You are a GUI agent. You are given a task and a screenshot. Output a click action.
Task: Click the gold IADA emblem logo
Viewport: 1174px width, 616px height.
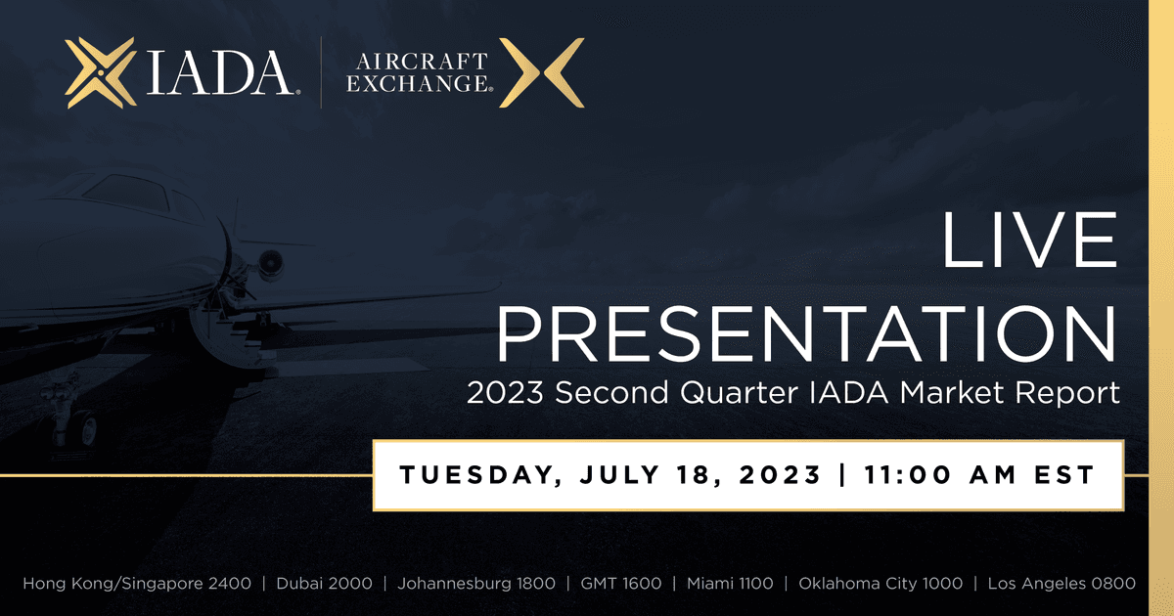pyautogui.click(x=101, y=72)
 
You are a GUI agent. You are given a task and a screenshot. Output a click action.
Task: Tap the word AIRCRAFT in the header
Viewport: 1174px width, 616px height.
pyautogui.click(x=422, y=62)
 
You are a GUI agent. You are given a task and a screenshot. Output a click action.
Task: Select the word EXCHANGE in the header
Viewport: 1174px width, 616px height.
pyautogui.click(x=419, y=83)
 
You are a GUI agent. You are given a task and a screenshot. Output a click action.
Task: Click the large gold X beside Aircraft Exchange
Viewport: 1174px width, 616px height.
pyautogui.click(x=541, y=72)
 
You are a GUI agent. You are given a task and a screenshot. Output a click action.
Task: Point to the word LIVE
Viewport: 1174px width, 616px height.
pyautogui.click(x=1030, y=240)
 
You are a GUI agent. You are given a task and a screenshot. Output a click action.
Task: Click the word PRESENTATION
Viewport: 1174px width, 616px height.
pyautogui.click(x=806, y=334)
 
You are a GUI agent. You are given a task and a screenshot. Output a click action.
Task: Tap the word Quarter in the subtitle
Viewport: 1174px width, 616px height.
pyautogui.click(x=739, y=393)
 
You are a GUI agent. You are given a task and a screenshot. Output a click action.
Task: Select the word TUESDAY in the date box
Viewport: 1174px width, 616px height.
pyautogui.click(x=478, y=475)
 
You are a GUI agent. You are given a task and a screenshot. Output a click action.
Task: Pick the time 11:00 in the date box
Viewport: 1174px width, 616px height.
pyautogui.click(x=907, y=474)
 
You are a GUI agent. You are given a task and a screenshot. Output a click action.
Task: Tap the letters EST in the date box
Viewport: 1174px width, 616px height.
pyautogui.click(x=1064, y=474)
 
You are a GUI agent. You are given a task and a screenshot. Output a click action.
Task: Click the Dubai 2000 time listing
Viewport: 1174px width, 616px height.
pyautogui.click(x=325, y=583)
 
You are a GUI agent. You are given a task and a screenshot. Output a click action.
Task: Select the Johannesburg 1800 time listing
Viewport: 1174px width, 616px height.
pyautogui.click(x=476, y=584)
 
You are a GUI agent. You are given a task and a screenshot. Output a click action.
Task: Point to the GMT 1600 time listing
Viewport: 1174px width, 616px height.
pyautogui.click(x=621, y=583)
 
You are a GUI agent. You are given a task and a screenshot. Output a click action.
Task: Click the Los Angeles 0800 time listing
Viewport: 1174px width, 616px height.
pyautogui.click(x=1061, y=584)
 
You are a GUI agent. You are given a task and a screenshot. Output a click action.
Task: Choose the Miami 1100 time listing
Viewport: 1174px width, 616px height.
pyautogui.click(x=730, y=583)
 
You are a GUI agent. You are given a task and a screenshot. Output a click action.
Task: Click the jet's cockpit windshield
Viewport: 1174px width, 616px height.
pyautogui.click(x=126, y=193)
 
